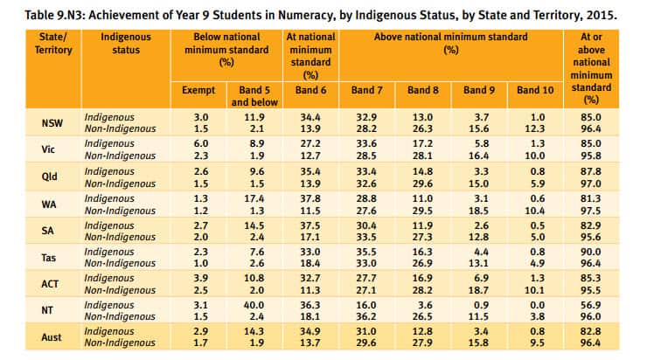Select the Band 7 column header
[x=366, y=90]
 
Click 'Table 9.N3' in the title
[x=40, y=16]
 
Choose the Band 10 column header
[x=534, y=90]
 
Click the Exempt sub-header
[x=198, y=90]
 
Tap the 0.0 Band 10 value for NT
[x=534, y=304]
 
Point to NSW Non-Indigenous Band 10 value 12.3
[x=534, y=128]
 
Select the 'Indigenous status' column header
[x=126, y=44]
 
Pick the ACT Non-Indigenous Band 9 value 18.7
[x=478, y=290]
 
